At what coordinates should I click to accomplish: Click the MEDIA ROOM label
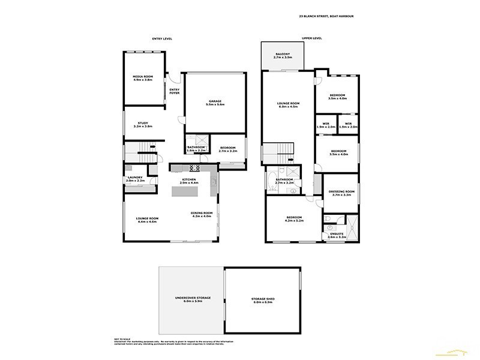click(143, 77)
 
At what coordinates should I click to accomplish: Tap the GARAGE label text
click(215, 101)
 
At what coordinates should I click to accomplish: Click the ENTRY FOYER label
click(175, 91)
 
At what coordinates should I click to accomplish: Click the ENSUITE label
click(337, 234)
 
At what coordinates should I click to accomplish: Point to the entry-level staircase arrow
click(153, 145)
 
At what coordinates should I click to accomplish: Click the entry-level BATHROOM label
click(196, 147)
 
